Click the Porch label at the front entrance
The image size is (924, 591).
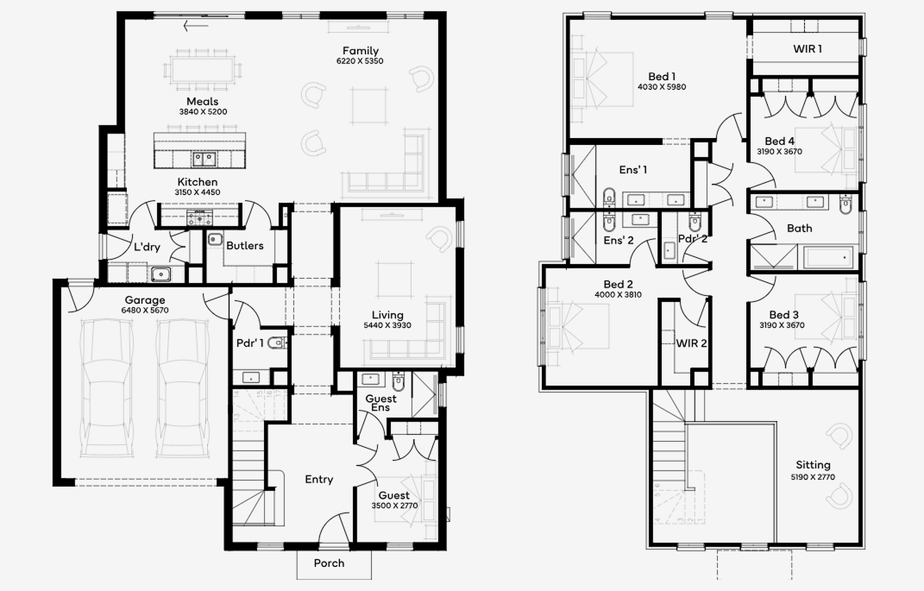coord(329,563)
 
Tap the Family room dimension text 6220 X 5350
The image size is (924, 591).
coord(360,61)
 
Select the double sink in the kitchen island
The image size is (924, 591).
coord(204,159)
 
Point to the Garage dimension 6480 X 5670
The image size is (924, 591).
coord(145,310)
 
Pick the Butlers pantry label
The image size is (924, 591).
coord(245,246)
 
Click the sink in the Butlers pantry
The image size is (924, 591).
coord(215,239)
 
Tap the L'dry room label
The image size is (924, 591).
coord(147,247)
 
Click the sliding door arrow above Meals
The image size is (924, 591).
coord(196,26)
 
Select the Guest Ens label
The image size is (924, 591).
coord(380,403)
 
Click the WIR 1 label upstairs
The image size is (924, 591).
coord(807,49)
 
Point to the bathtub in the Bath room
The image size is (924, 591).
coord(828,257)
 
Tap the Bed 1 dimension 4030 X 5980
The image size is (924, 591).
coord(661,87)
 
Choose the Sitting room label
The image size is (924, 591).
coord(813,465)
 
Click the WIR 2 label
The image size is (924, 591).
coord(691,343)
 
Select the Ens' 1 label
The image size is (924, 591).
coord(633,170)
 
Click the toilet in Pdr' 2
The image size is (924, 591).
coord(695,221)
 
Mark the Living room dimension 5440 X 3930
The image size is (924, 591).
coord(387,325)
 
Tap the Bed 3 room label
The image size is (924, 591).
coord(784,315)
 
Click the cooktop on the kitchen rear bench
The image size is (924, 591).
coord(199,218)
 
